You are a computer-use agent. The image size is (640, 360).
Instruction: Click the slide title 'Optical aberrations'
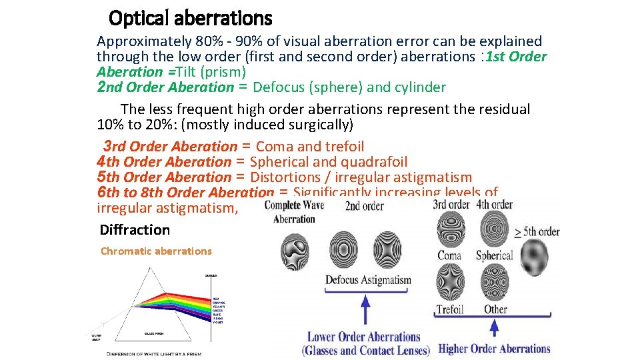coord(190,17)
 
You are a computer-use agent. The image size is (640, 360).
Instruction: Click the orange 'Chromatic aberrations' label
coord(156,251)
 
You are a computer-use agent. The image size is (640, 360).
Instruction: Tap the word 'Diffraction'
coord(135,230)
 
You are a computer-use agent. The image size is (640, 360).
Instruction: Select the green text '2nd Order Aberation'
coord(165,87)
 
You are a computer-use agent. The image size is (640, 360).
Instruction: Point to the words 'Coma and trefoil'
coord(310,147)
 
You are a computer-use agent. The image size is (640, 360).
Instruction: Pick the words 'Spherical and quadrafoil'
coord(329,162)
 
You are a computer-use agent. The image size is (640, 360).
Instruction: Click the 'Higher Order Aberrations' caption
coord(494,349)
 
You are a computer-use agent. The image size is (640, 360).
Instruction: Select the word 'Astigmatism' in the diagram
coord(387,280)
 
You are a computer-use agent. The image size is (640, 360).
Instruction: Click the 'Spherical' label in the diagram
coord(494,255)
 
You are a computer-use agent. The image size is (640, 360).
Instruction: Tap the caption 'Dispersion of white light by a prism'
coord(153,353)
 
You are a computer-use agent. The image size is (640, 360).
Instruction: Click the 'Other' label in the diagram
coord(495,309)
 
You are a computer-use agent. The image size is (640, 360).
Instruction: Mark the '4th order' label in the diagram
coord(495,205)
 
